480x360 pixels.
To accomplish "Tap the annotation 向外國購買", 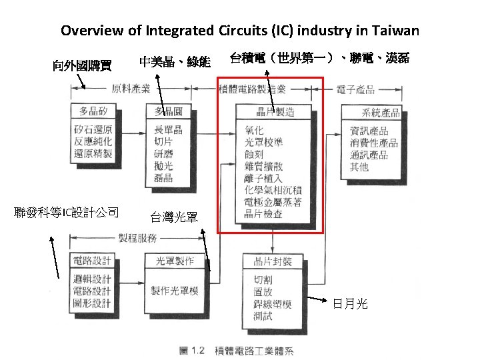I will click(82, 65).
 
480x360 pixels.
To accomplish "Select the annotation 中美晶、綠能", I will click(175, 62).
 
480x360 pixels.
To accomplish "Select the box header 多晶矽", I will click(93, 111).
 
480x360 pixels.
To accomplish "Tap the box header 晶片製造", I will click(274, 111).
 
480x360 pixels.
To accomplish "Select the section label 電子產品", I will click(355, 89).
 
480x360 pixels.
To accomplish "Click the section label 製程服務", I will click(137, 238).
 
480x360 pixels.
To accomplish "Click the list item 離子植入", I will click(263, 179).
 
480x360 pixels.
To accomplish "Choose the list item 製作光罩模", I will click(175, 291).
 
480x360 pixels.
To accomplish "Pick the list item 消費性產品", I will click(374, 143).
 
